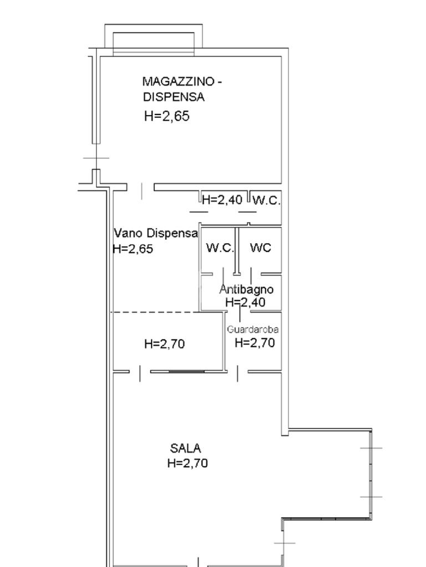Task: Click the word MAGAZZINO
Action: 179,82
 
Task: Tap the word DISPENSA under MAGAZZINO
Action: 174,97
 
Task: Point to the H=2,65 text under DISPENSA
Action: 166,116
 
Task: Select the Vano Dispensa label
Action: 156,233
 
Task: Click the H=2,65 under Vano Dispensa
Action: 133,249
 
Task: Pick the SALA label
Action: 185,449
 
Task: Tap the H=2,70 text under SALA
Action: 187,463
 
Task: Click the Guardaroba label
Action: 252,329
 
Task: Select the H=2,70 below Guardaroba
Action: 255,342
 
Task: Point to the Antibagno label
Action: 246,289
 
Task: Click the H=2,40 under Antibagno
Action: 246,302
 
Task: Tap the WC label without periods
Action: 261,248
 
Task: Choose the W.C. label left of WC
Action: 220,248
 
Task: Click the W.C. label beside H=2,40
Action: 266,200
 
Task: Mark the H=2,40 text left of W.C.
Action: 222,199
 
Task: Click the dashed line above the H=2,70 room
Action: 156,312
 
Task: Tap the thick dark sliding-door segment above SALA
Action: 187,371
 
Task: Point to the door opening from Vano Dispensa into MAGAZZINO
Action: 141,187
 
